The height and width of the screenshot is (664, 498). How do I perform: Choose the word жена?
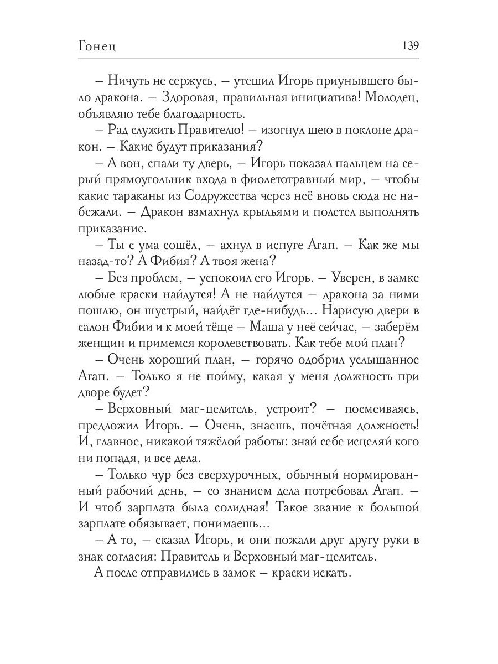[x=254, y=261]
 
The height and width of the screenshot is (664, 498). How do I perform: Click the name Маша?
[x=289, y=326]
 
